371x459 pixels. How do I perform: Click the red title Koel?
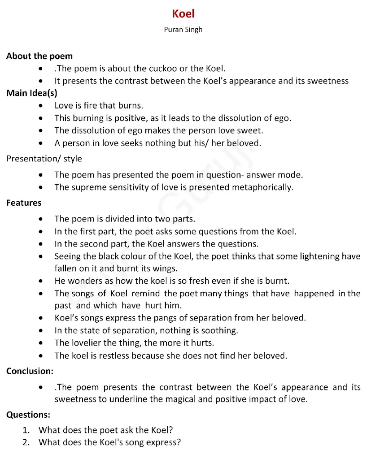coord(183,14)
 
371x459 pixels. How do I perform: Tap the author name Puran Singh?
coord(183,30)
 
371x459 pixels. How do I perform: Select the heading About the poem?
coord(39,56)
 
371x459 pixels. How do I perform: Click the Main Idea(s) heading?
coord(32,93)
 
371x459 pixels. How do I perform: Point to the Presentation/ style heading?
coord(44,159)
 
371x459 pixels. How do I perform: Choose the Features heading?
coord(24,203)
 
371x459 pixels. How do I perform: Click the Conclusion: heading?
coord(30,371)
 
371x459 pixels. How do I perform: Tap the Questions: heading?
coord(28,415)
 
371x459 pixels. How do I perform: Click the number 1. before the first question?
coord(26,430)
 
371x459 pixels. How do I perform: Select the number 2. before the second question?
coord(26,442)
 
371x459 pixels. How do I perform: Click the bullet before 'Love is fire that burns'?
coord(41,106)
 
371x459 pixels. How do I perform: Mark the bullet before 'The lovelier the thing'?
coord(41,343)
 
